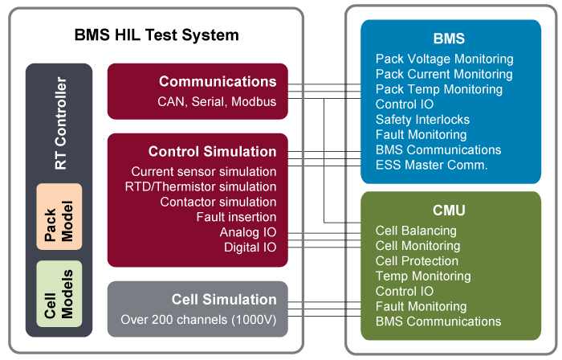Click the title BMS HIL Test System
coord(157,35)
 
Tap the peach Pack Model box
coord(59,217)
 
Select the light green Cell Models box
coord(59,293)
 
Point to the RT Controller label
coord(60,123)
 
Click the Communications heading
coord(218,81)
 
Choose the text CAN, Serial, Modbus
coord(217,102)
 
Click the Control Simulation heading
coord(212,151)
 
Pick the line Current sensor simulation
coord(204,171)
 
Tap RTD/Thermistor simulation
coord(201,186)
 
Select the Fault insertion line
coord(236,217)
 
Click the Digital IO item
coord(250,247)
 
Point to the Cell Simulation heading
coord(224,300)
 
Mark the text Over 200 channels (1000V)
coord(198,320)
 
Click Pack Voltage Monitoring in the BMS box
coord(445,59)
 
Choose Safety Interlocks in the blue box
coord(422,120)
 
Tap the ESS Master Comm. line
coord(432,165)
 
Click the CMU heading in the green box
coord(449,210)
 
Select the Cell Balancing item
coord(416,231)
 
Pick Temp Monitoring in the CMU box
coord(423,276)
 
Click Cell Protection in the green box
coord(417,261)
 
